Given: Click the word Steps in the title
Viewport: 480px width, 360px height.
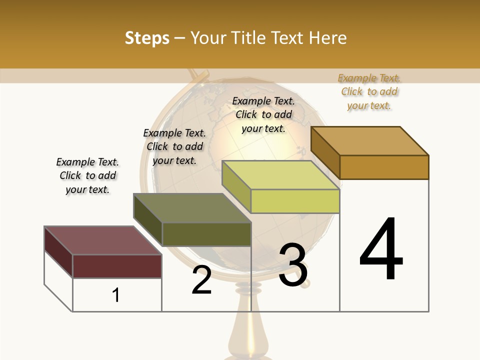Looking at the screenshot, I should [x=147, y=38].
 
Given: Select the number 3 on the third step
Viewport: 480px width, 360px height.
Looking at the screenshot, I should [x=293, y=265].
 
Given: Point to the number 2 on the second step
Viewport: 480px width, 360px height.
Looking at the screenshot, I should [x=201, y=280].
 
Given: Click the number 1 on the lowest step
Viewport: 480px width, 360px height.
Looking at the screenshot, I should [x=116, y=295].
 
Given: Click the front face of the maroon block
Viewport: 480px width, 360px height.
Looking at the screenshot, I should [x=117, y=266].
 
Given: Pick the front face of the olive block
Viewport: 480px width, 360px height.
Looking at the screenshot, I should [x=206, y=234].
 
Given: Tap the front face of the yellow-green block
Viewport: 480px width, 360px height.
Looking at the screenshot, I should [x=295, y=201].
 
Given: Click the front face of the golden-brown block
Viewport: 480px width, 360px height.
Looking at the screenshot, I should [x=384, y=167].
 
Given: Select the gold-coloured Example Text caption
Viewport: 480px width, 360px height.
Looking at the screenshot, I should [x=369, y=91].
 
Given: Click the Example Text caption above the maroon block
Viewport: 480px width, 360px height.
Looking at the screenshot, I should [x=87, y=175].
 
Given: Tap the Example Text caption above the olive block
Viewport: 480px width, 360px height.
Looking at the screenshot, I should [x=174, y=146].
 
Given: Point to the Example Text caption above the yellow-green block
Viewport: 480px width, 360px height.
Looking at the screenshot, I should [x=263, y=114].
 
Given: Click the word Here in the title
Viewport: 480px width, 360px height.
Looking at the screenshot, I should [x=327, y=38].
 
